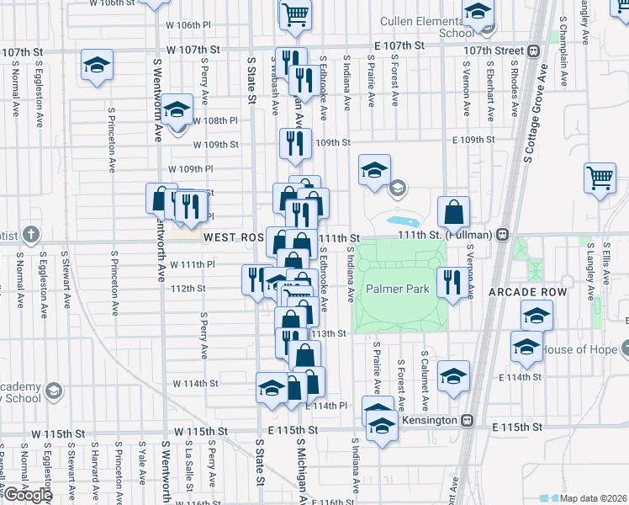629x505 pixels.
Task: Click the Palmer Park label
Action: click(398, 290)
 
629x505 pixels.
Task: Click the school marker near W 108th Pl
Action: click(177, 112)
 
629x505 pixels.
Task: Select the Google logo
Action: click(27, 495)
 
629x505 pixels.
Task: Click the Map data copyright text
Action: click(594, 498)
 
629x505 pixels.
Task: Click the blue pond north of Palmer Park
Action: click(399, 221)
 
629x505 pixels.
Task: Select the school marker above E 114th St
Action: click(453, 376)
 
